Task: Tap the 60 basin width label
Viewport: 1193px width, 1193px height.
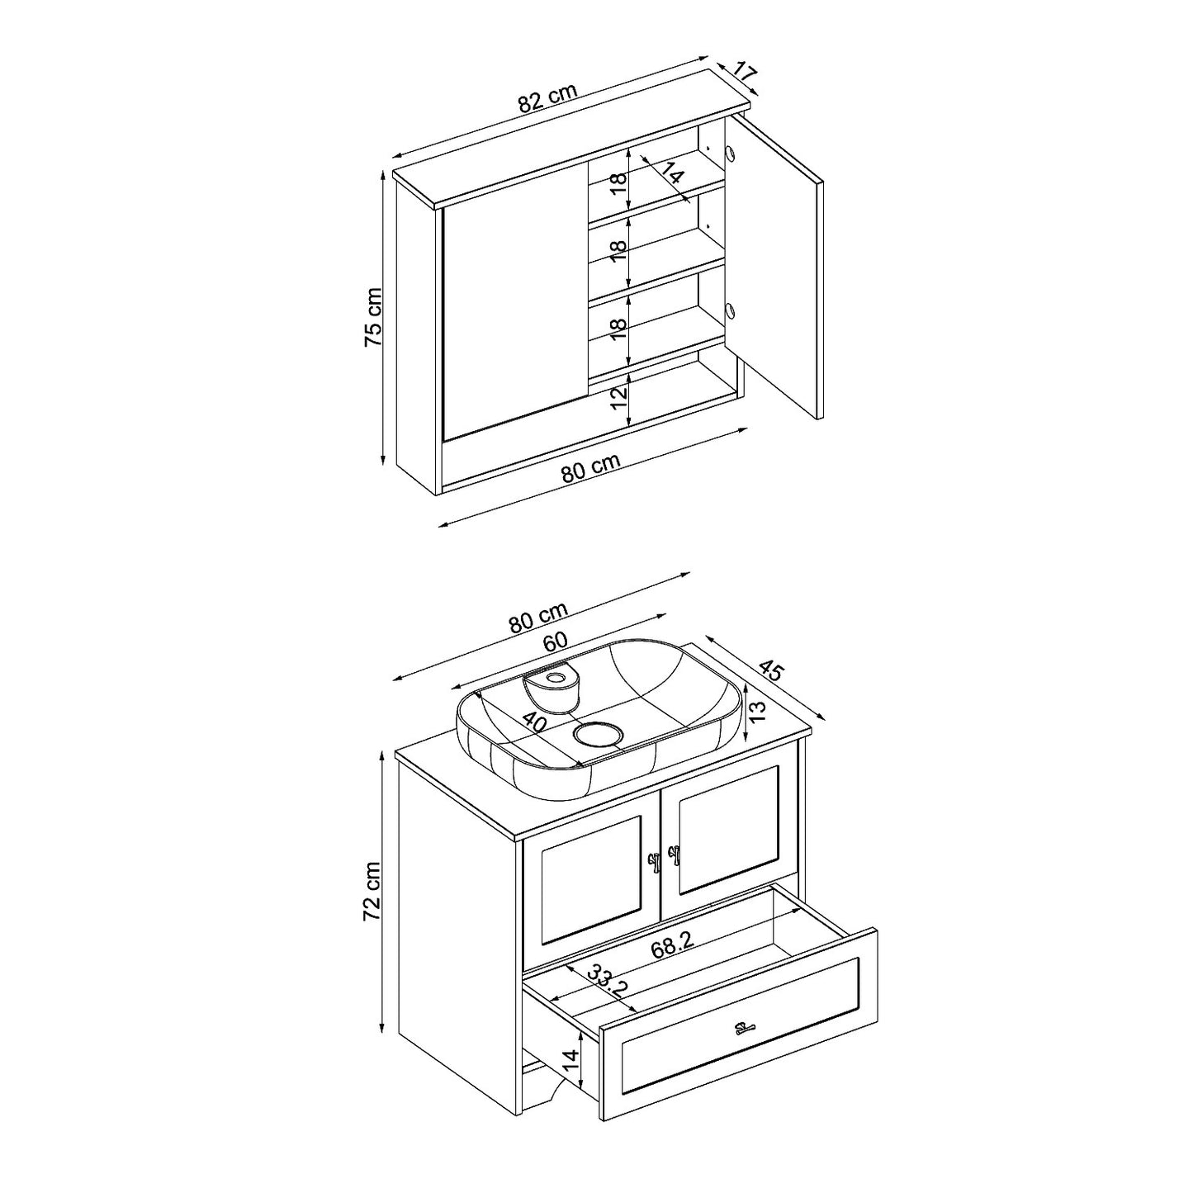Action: click(556, 641)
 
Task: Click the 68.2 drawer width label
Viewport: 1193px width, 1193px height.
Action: click(670, 944)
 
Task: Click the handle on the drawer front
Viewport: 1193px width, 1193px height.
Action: click(745, 1046)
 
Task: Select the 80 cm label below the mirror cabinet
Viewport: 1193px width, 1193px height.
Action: click(590, 469)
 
